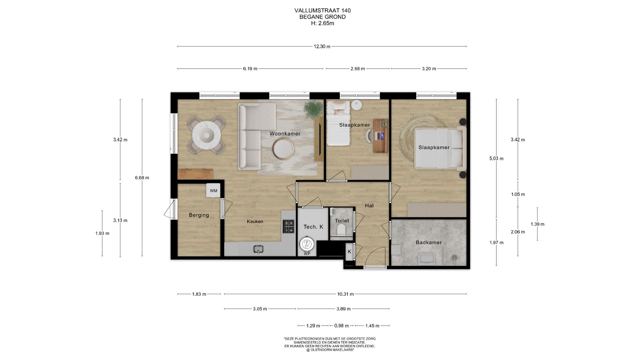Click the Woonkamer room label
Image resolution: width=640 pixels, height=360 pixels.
point(285,134)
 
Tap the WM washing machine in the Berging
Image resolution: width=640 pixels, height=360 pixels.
point(213,190)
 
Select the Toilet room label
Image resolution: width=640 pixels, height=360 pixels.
point(342,221)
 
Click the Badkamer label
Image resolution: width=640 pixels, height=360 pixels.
point(429,242)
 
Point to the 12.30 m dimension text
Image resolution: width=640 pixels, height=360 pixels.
point(322,47)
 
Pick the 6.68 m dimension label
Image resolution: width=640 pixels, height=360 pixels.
point(142,178)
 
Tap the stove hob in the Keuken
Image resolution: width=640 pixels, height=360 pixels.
point(289,226)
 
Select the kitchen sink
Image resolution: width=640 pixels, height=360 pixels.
point(258,249)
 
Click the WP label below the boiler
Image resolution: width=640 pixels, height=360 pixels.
point(307,254)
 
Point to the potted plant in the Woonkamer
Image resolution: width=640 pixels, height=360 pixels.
point(313,108)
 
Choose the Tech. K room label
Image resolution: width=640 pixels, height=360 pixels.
point(313,227)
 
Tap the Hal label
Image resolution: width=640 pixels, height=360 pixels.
point(369,206)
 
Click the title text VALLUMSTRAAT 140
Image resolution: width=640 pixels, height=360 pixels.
point(323,11)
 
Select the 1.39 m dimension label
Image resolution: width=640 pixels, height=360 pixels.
point(537,224)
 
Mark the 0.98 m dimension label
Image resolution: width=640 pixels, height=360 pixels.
point(341,326)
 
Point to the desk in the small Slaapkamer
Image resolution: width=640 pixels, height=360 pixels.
point(381,136)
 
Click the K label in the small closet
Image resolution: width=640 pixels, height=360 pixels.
point(349,252)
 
